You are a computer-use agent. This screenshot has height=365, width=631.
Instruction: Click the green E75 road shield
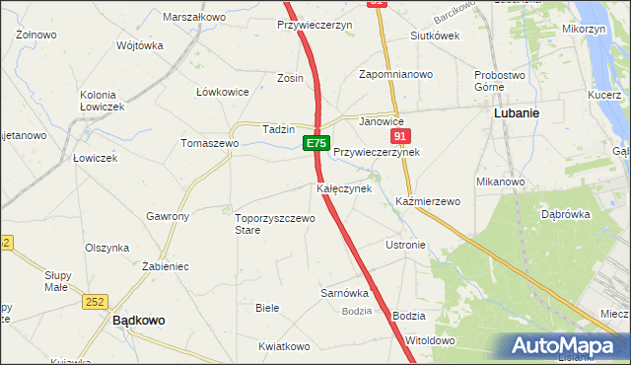315,144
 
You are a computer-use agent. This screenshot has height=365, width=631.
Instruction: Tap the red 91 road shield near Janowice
399,136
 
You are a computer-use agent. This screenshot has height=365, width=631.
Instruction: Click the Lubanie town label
515,113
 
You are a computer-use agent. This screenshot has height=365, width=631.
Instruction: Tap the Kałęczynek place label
343,187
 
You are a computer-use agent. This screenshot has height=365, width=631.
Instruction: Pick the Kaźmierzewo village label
429,201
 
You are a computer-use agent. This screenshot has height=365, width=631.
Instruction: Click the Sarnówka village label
344,293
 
